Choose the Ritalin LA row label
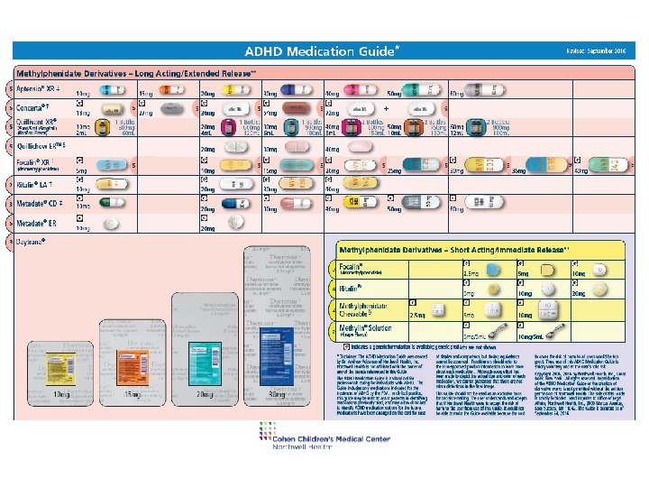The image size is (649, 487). [x=37, y=187]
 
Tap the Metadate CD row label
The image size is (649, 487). [x=41, y=204]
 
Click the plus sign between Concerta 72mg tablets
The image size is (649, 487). [x=386, y=109]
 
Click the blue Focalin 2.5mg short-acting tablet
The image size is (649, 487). [x=493, y=271]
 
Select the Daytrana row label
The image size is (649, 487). [x=36, y=242]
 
